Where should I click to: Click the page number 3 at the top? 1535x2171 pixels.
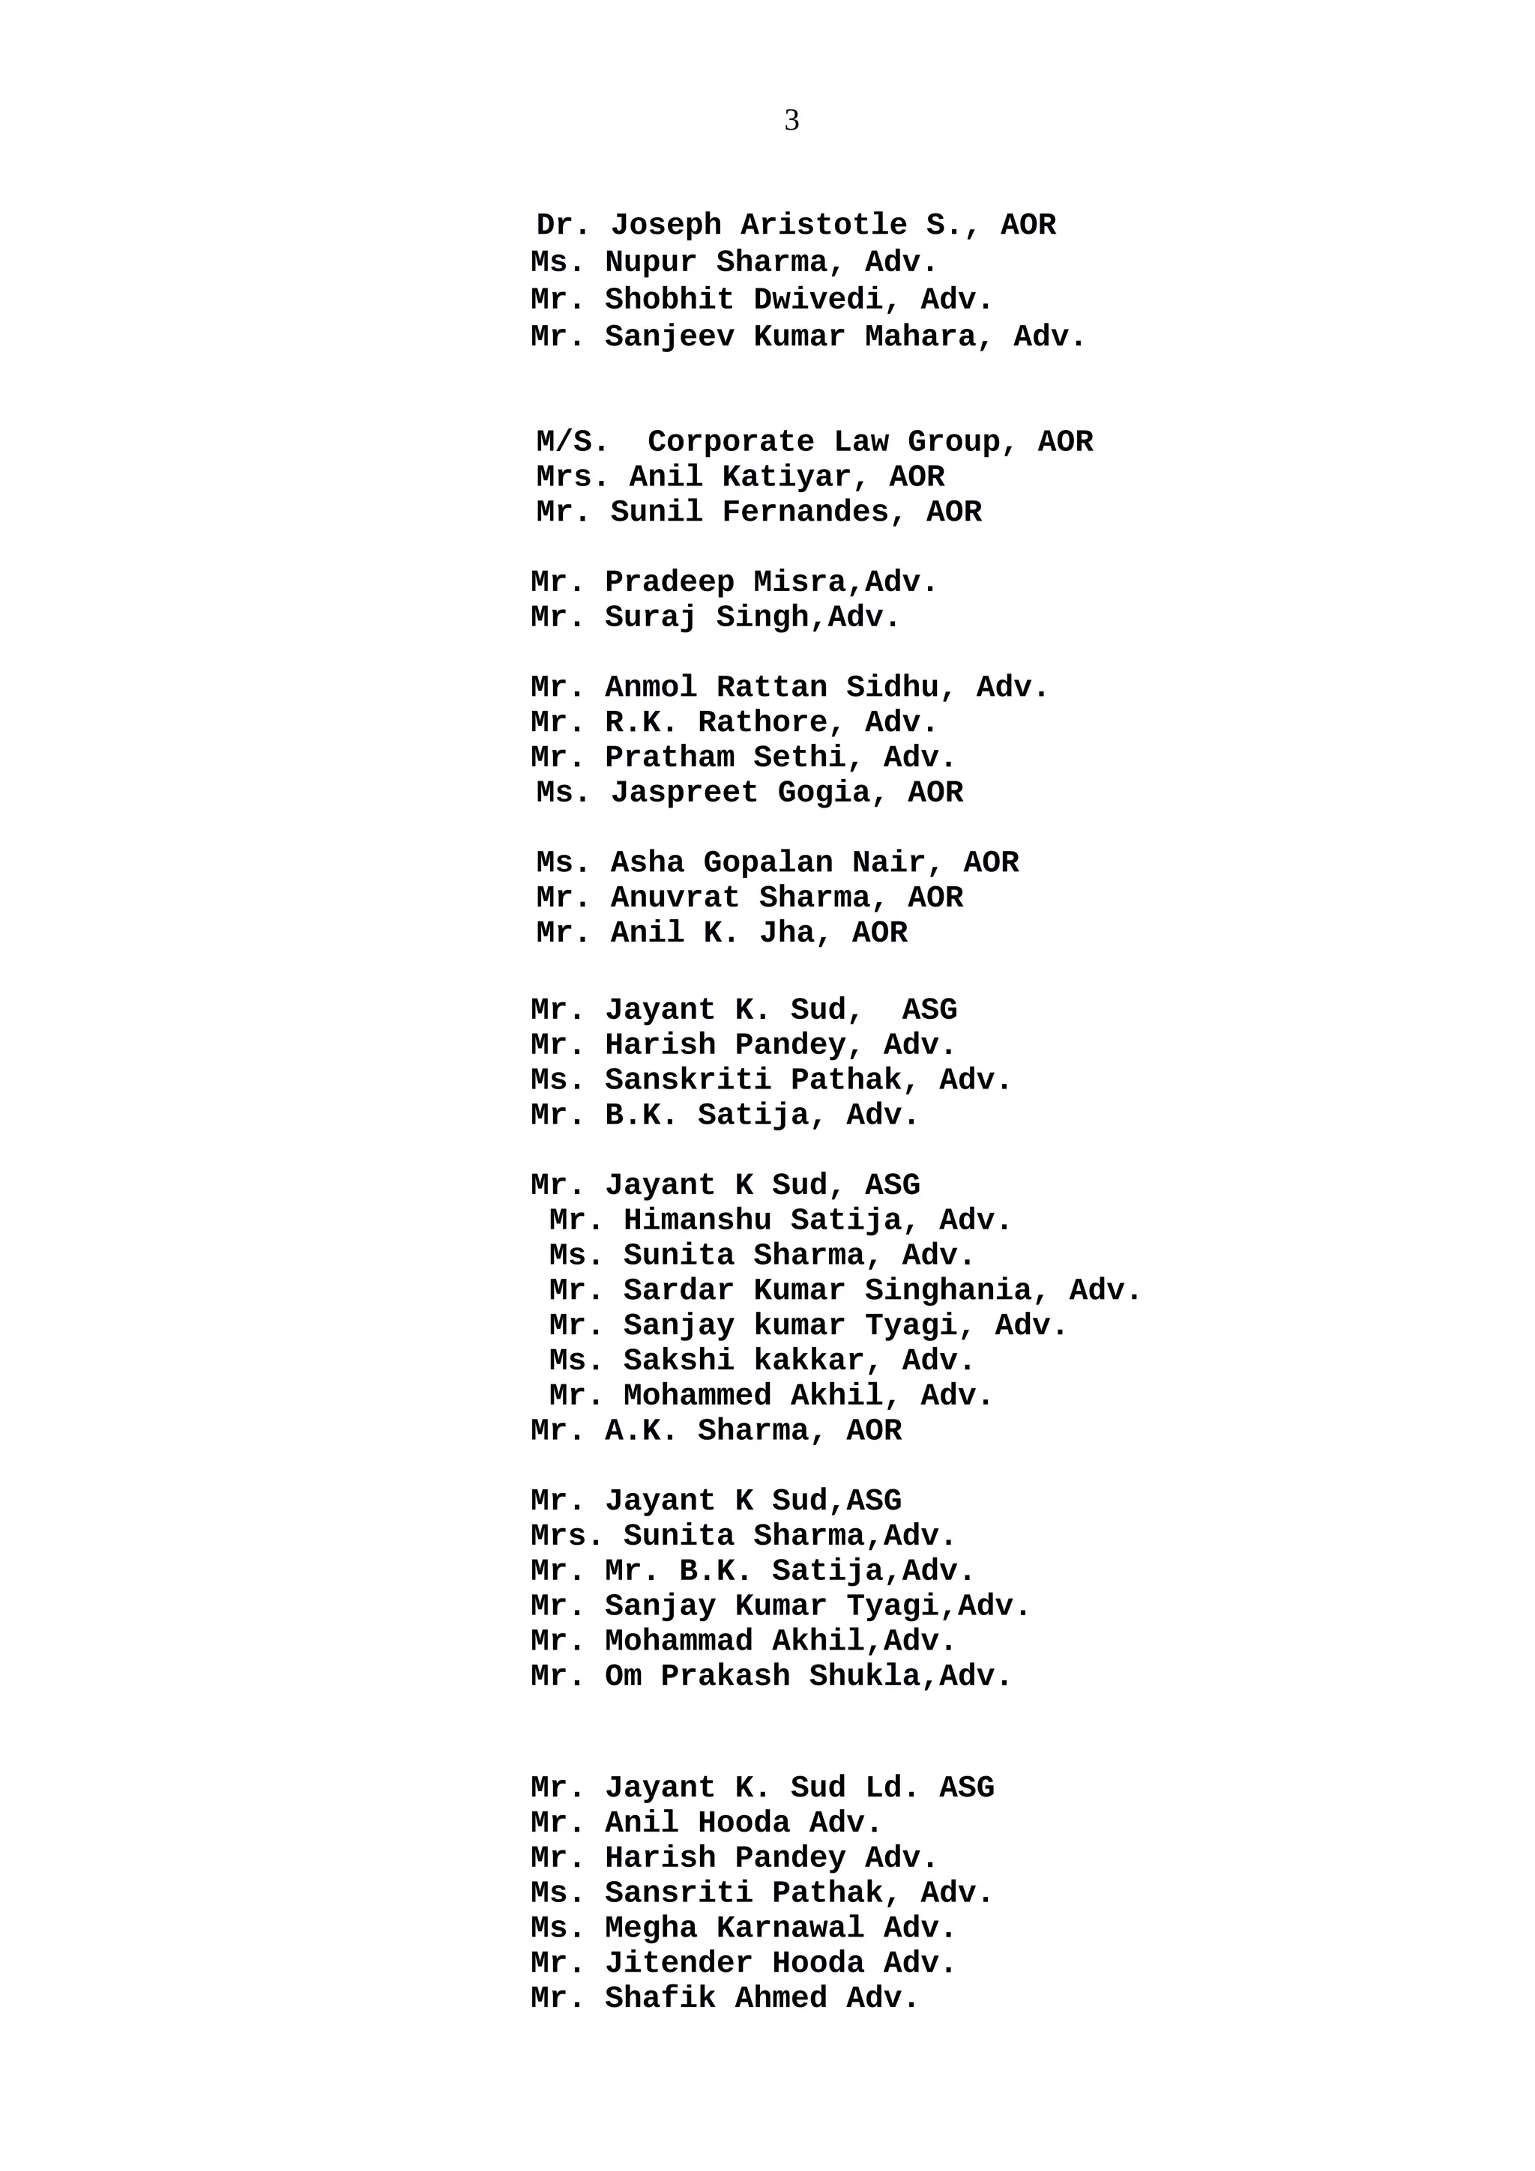tap(791, 120)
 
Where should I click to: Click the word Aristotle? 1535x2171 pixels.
tap(823, 225)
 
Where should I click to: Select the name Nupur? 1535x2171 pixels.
tap(650, 262)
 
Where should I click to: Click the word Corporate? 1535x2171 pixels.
tap(730, 441)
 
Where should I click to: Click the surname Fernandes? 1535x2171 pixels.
tap(813, 512)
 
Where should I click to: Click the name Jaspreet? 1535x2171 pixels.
tap(684, 793)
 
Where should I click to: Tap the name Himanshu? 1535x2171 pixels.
tap(696, 1220)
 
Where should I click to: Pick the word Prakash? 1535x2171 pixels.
tap(725, 1676)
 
